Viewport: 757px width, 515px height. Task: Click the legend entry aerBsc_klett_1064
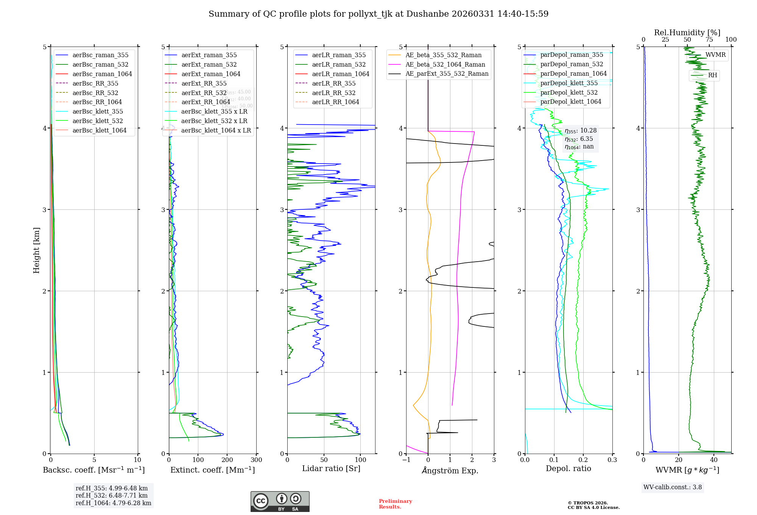tap(99, 130)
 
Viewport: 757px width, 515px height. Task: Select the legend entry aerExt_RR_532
tap(204, 93)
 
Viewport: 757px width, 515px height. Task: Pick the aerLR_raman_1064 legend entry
tap(340, 74)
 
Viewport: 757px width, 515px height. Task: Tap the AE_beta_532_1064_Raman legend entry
tap(445, 64)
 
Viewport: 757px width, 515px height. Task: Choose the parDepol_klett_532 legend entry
tap(569, 92)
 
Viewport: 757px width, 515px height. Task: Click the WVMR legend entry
tap(715, 55)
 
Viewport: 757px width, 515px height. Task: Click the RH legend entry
tap(712, 75)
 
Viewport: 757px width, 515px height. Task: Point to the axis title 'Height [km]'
tap(36, 250)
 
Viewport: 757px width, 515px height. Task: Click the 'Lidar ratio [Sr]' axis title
tap(331, 468)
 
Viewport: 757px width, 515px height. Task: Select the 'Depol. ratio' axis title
tap(568, 468)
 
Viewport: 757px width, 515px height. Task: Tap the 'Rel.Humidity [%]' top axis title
tap(687, 33)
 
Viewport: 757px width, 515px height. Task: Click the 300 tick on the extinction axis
tap(256, 460)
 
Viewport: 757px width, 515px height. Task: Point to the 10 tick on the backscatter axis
tap(137, 460)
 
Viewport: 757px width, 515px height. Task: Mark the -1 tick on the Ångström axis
tap(406, 460)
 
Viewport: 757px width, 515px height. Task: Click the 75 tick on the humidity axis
tap(709, 40)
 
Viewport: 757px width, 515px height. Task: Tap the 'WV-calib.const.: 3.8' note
tap(673, 487)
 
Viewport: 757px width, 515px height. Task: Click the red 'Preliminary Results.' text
tap(395, 504)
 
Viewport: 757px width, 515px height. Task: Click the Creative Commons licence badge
tap(280, 502)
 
